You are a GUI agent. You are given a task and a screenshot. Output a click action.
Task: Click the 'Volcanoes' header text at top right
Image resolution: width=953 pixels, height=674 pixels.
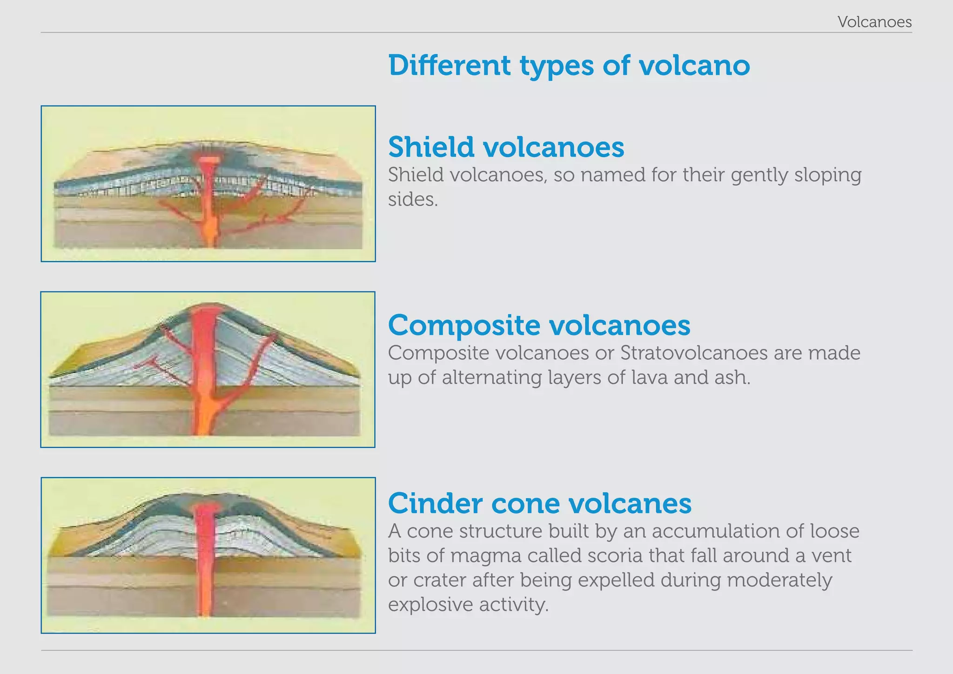tap(874, 22)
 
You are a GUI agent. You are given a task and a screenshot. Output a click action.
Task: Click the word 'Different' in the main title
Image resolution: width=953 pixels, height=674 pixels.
tap(449, 65)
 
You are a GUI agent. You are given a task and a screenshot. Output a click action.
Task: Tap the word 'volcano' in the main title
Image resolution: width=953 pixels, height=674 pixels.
tap(694, 65)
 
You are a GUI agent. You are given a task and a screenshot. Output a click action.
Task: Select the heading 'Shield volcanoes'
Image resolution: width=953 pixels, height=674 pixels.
tap(506, 147)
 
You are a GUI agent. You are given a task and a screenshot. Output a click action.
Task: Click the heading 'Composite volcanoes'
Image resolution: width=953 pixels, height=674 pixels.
tap(539, 325)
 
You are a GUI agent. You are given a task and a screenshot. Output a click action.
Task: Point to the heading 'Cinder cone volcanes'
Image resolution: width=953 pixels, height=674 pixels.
tap(539, 503)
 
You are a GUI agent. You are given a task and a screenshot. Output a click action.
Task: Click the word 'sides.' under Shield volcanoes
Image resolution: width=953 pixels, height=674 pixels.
tap(413, 200)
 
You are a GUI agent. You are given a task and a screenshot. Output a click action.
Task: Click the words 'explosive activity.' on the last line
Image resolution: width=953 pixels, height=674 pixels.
tap(468, 605)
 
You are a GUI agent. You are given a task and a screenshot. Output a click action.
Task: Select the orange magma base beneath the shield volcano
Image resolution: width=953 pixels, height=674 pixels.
tap(210, 230)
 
